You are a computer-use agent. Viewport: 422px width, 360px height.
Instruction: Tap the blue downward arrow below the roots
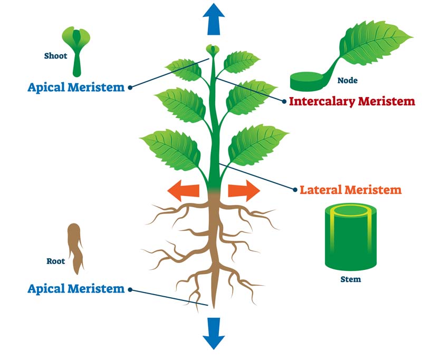[x=214, y=334]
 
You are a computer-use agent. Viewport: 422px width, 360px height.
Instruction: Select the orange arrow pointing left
[x=184, y=191]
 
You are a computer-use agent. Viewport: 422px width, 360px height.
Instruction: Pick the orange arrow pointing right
[x=244, y=191]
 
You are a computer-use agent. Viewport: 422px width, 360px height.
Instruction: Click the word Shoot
[x=56, y=56]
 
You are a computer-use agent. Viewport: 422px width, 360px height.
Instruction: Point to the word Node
[x=348, y=80]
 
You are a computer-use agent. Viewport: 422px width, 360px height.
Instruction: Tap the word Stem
[x=351, y=279]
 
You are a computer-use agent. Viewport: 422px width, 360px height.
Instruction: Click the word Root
[x=56, y=261]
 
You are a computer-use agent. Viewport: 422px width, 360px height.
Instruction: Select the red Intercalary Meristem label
[x=352, y=101]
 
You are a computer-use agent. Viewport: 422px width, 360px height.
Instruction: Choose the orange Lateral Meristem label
[x=351, y=190]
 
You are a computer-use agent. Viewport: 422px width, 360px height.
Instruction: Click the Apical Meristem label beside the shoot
[x=76, y=87]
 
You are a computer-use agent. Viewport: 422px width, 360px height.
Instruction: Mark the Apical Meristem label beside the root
[x=76, y=288]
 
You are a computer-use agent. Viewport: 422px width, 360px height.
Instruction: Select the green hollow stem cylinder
[x=351, y=237]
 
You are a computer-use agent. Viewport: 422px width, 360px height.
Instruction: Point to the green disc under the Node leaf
[x=307, y=82]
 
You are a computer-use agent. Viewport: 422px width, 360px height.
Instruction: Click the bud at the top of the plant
[x=213, y=50]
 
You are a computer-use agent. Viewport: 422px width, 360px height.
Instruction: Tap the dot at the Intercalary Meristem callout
[x=284, y=101]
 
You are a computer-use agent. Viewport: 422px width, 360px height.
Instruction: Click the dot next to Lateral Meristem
[x=295, y=190]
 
